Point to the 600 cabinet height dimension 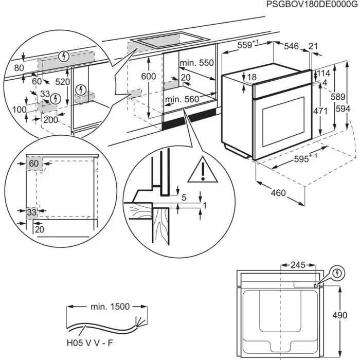[x=148, y=76]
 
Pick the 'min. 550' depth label [x=196, y=63]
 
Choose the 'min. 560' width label [x=182, y=99]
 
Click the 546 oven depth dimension [x=291, y=47]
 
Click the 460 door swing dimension [x=277, y=193]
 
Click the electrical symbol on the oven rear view [x=337, y=273]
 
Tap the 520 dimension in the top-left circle [x=63, y=82]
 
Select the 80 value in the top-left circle [x=19, y=68]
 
